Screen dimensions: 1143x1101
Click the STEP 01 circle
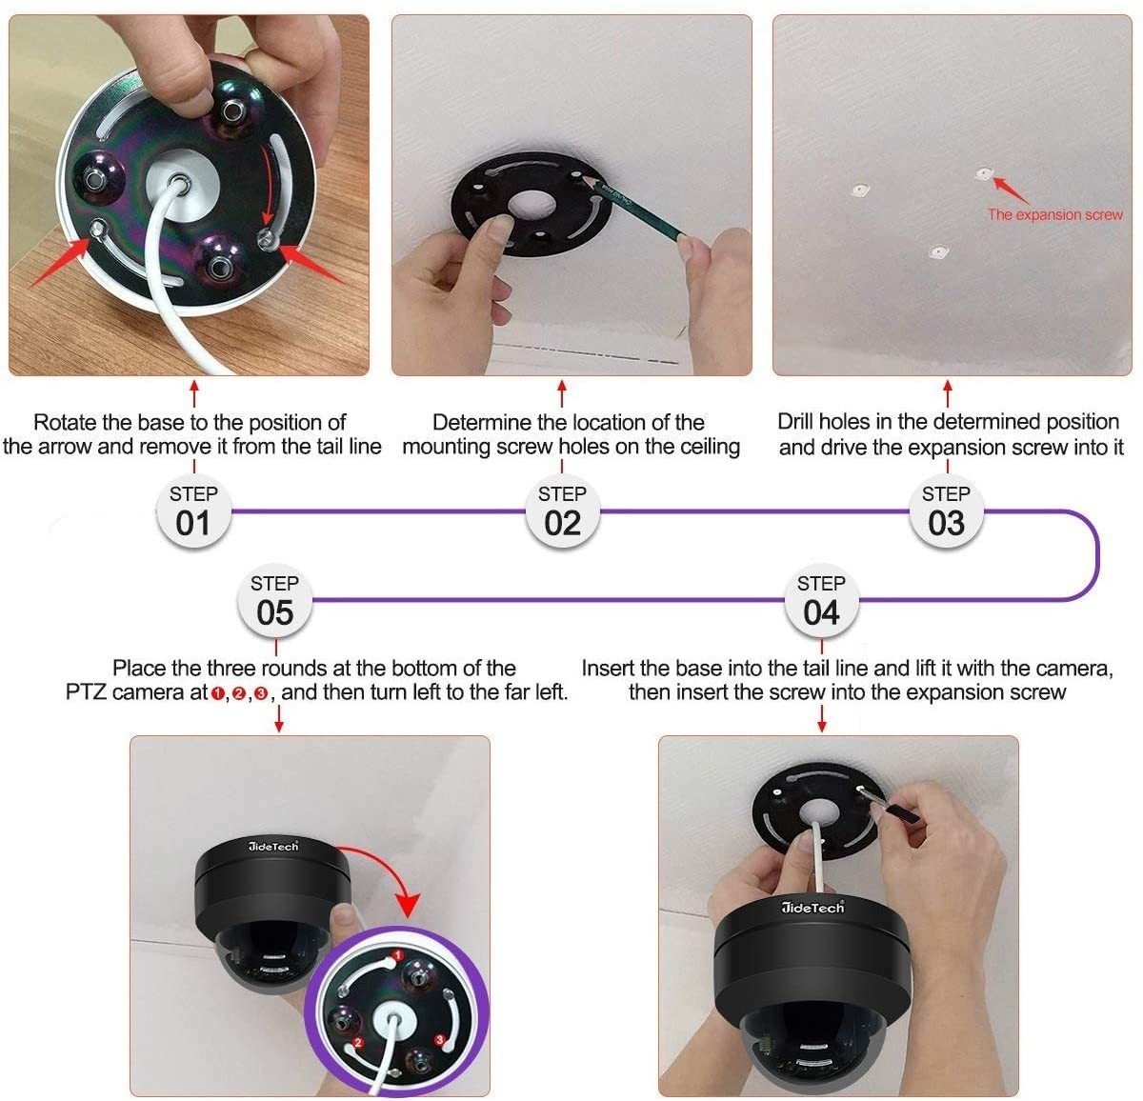click(193, 510)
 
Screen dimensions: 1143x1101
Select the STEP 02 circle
click(562, 510)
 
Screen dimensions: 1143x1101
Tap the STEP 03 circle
click(946, 510)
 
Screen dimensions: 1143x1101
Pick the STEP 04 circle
click(821, 601)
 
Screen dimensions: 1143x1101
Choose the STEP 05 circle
click(274, 601)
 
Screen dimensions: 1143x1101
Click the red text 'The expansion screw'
click(1055, 215)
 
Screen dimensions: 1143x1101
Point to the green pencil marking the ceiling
click(634, 206)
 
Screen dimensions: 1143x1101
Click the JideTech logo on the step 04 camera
click(812, 908)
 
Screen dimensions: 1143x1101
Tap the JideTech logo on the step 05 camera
click(273, 846)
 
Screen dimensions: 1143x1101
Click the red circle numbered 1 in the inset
click(397, 955)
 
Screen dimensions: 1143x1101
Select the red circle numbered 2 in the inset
click(358, 1043)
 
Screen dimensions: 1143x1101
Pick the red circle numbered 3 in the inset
click(439, 1040)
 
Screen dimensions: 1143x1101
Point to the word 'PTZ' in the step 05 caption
click(86, 692)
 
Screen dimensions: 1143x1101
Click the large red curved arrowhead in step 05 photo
click(408, 906)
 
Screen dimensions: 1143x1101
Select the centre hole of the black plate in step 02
click(531, 206)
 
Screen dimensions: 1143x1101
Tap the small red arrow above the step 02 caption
click(562, 393)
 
